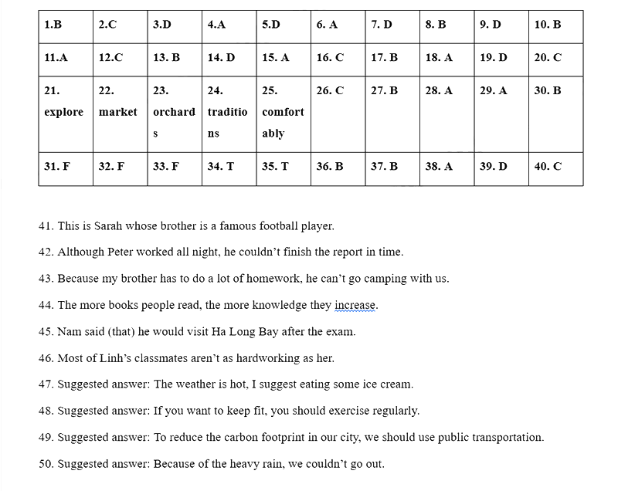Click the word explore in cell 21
(64, 112)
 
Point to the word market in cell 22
(118, 112)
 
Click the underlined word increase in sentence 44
(355, 305)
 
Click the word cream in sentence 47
(396, 384)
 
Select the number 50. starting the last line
(46, 464)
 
